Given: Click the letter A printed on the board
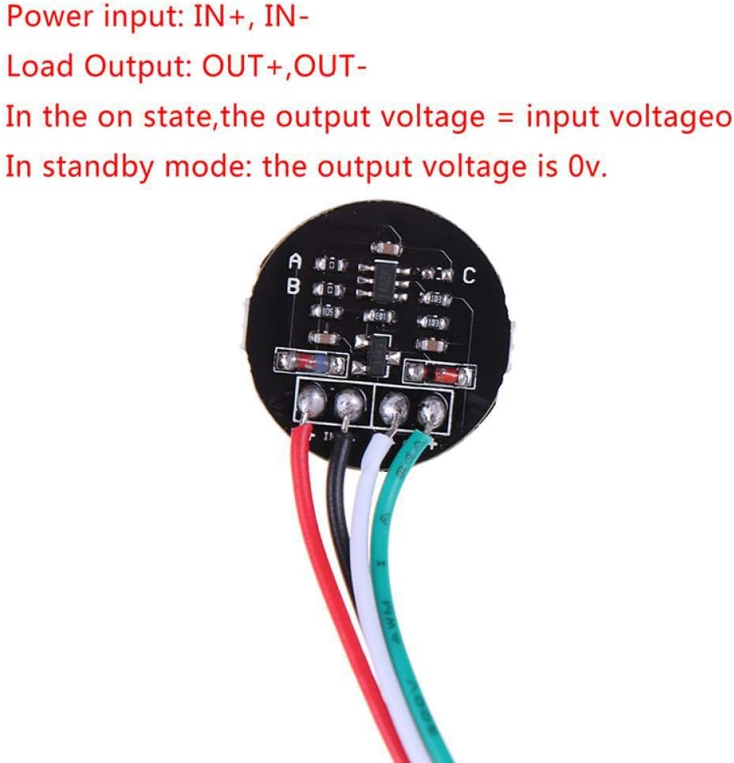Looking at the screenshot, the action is (x=296, y=261).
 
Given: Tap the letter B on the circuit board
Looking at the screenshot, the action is (x=293, y=287).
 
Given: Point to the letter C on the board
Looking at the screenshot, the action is (x=469, y=276).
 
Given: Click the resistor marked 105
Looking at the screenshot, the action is (x=327, y=311).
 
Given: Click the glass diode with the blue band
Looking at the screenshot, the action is (x=312, y=363).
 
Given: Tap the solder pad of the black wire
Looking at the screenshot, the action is (x=349, y=404).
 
